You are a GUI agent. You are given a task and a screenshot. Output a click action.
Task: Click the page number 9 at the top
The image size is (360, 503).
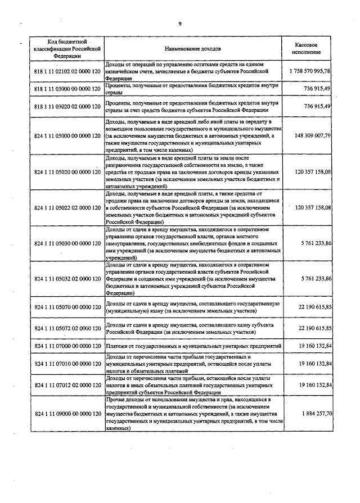tap(180, 23)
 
